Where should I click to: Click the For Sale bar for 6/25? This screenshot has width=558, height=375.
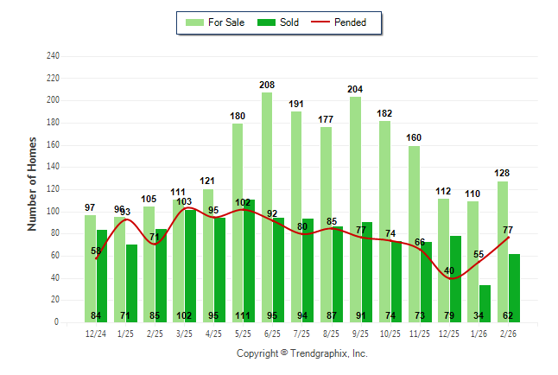tap(267, 207)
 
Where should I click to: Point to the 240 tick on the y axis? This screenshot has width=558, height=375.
tap(53, 56)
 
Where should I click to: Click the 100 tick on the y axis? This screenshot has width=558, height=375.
tap(53, 212)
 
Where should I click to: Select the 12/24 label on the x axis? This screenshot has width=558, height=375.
tap(96, 333)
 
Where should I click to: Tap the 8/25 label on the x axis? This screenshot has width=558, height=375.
tap(331, 333)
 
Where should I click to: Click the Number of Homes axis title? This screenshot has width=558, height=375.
tap(33, 184)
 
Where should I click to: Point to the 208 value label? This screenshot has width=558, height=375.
tap(267, 85)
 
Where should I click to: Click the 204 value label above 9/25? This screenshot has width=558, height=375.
tap(355, 89)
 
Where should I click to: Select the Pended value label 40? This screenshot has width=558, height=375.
tap(448, 270)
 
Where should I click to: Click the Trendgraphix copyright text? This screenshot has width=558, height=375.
tap(302, 353)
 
